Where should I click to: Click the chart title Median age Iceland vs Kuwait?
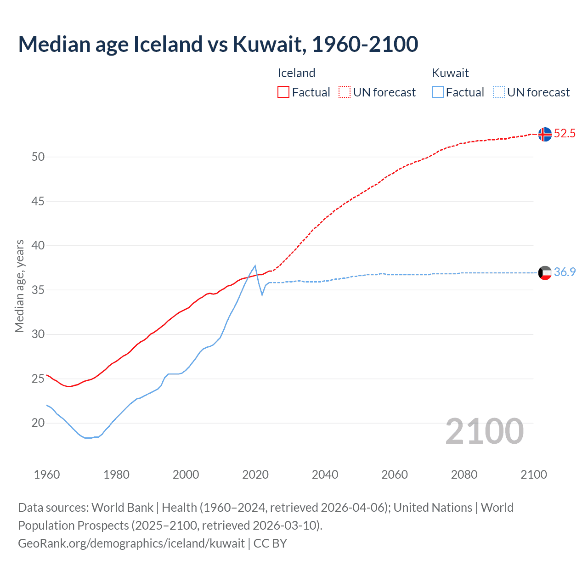218,44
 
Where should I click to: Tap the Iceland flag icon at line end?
545,134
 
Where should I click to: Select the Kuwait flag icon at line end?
545,273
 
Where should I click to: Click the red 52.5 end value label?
565,134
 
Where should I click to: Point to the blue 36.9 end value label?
565,272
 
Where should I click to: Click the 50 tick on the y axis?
38,157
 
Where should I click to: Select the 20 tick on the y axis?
38,423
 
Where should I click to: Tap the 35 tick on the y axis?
38,290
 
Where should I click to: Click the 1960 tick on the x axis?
47,475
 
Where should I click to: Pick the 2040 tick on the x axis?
325,475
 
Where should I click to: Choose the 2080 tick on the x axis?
464,475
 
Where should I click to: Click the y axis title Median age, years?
19,286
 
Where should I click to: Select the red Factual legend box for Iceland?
283,92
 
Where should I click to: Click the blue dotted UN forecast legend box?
499,92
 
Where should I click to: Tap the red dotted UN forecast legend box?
345,92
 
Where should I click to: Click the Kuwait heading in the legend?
450,73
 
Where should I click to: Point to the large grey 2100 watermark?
485,431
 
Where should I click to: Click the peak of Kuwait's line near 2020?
255,266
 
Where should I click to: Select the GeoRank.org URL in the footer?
131,543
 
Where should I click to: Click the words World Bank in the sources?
122,508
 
